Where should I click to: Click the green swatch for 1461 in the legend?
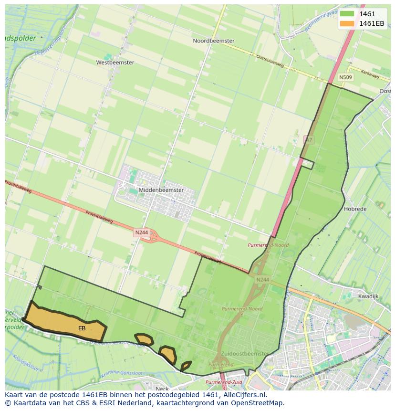347,14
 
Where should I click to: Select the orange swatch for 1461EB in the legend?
347,23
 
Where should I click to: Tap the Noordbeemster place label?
213,41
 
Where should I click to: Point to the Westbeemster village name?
115,63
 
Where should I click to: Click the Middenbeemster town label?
161,190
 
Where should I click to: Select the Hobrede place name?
355,209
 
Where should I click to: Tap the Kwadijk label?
368,296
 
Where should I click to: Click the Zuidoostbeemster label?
245,354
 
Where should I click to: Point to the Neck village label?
162,388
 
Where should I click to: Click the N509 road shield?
346,77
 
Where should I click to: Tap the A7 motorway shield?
309,140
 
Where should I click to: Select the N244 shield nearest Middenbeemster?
142,232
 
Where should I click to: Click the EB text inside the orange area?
82,328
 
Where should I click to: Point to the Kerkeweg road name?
370,75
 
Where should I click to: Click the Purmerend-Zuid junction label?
224,382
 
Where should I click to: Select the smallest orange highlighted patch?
186,366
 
